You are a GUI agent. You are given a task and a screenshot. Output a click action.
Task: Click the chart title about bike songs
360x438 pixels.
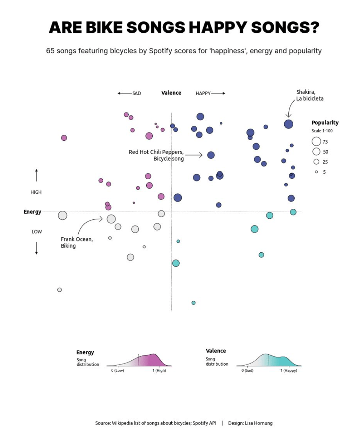pos(184,27)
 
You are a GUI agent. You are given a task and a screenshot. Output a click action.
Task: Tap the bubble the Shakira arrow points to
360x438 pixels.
pos(288,124)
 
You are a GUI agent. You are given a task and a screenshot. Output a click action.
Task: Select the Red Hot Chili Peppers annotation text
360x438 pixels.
pos(156,155)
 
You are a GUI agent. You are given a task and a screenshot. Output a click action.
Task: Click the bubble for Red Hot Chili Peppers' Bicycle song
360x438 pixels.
pos(211,155)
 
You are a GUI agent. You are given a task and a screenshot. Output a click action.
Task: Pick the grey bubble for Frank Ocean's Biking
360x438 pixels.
pos(111,219)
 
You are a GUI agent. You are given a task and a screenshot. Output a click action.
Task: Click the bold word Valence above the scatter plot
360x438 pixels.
pos(171,93)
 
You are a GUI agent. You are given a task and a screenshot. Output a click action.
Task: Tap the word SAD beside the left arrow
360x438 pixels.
pos(136,93)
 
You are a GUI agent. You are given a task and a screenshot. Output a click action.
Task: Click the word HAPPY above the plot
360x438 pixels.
pos(203,93)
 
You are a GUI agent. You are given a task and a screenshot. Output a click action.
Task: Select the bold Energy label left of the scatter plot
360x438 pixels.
pos(32,212)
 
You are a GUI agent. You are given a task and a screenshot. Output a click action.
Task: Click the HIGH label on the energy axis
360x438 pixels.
pos(36,192)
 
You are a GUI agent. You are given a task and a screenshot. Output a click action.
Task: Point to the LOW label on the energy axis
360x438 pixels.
pos(37,232)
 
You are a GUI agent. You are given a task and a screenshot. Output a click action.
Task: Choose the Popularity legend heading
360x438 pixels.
pos(325,123)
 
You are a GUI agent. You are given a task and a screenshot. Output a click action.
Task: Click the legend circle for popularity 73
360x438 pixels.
pos(316,141)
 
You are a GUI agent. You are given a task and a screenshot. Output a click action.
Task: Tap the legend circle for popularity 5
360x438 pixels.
pos(316,172)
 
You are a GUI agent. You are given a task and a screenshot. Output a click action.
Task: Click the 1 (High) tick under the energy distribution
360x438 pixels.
pos(159,370)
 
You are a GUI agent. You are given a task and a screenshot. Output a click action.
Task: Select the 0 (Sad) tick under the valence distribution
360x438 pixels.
pos(247,370)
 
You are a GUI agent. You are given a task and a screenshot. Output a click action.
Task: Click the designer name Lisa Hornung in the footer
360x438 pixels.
pos(258,423)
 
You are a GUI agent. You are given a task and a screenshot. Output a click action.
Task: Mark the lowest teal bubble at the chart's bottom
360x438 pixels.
pos(193,303)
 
